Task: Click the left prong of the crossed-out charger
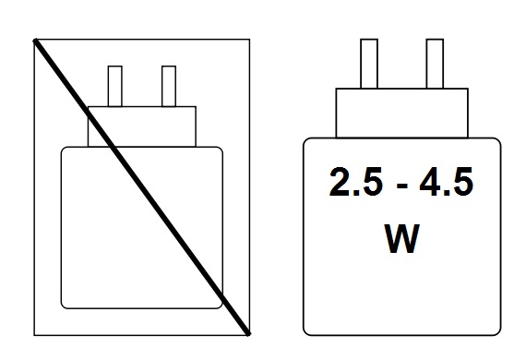click(x=116, y=86)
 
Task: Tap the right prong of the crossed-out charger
click(x=168, y=86)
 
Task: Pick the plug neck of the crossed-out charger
click(x=143, y=126)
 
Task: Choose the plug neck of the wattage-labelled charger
click(x=400, y=112)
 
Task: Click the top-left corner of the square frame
click(x=35, y=40)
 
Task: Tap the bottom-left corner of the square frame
click(x=35, y=334)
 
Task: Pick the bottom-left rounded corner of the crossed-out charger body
click(x=65, y=303)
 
